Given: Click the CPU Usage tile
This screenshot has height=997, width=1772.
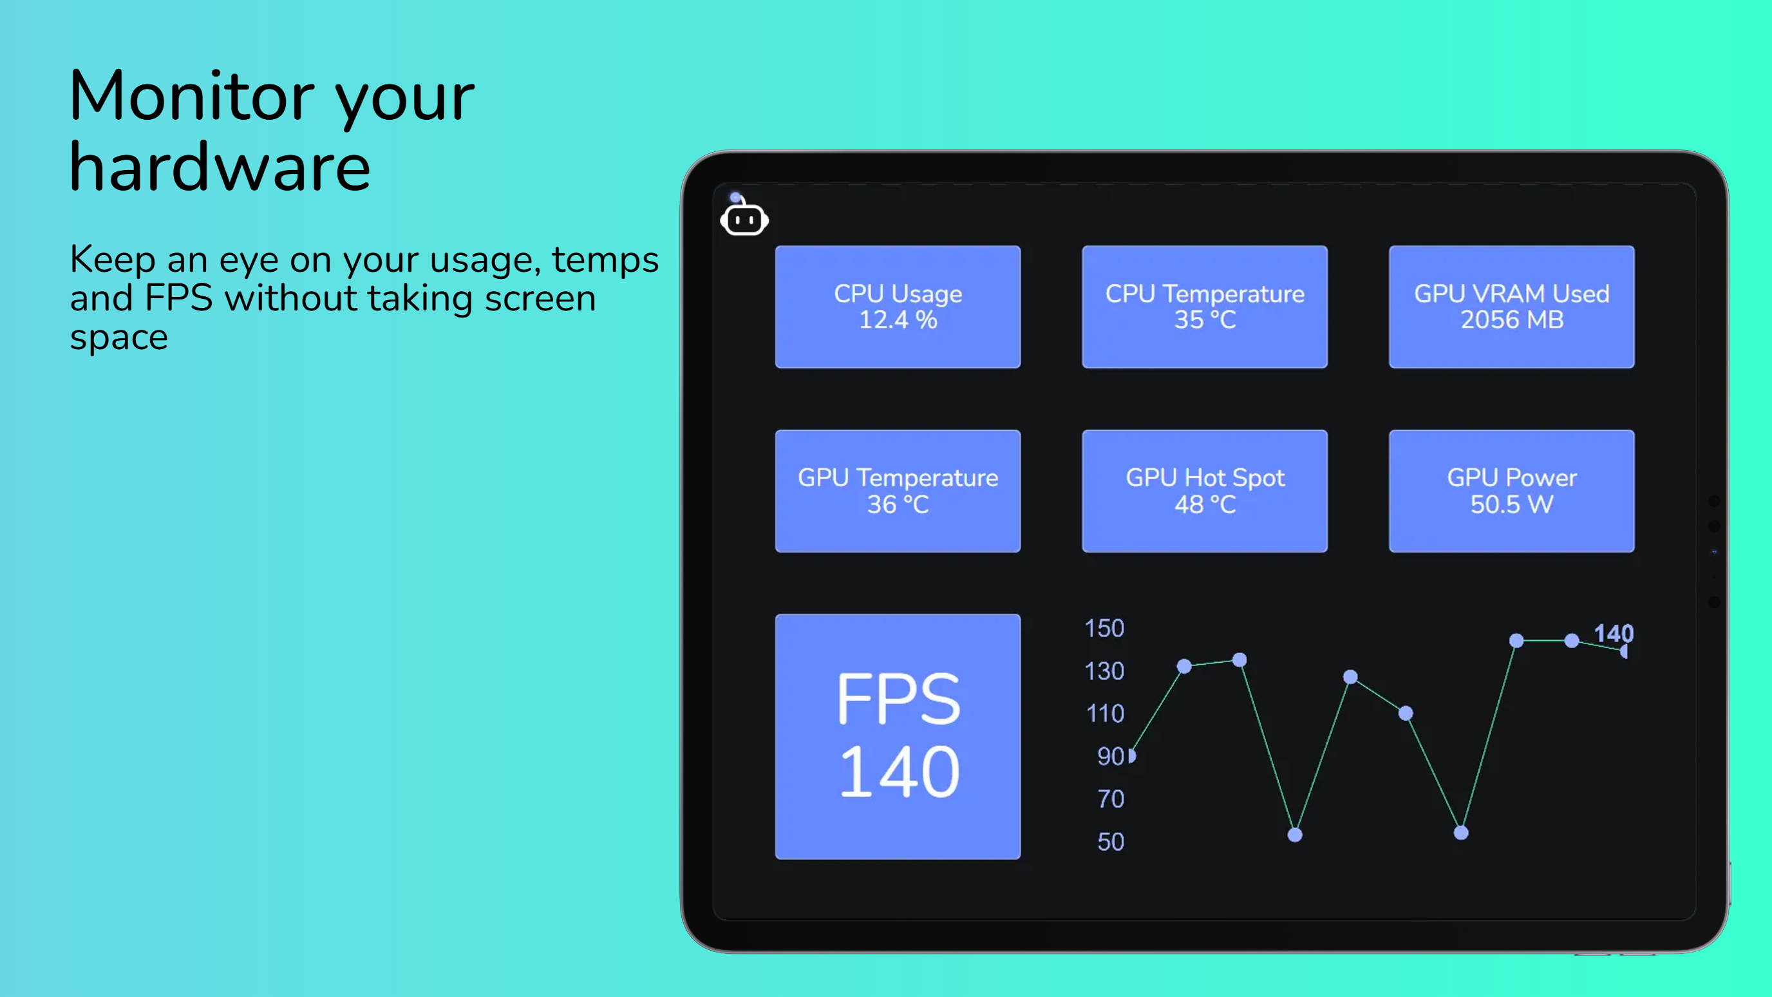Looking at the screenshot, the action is pyautogui.click(x=898, y=307).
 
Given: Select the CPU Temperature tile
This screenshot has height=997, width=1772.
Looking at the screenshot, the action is pyautogui.click(x=1205, y=307).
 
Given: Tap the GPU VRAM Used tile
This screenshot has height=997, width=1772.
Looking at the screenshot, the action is pyautogui.click(x=1511, y=307).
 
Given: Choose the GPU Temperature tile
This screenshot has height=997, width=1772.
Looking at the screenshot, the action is pyautogui.click(x=898, y=491).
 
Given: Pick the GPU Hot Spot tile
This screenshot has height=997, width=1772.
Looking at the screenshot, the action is pyautogui.click(x=1205, y=491).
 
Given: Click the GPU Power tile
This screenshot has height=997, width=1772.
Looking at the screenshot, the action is pyautogui.click(x=1511, y=491).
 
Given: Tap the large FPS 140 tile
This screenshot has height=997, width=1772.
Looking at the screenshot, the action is pyautogui.click(x=898, y=736).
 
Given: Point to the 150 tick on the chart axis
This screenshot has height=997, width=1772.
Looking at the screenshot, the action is pyautogui.click(x=1104, y=628).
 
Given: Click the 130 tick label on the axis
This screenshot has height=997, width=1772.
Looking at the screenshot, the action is pyautogui.click(x=1104, y=671).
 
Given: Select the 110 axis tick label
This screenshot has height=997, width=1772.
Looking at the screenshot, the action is pyautogui.click(x=1105, y=714).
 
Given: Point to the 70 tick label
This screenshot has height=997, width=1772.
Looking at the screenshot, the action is pyautogui.click(x=1110, y=799).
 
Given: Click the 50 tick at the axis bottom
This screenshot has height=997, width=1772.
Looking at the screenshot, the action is pyautogui.click(x=1110, y=842).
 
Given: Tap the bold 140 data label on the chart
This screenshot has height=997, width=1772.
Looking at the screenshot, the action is pyautogui.click(x=1613, y=633).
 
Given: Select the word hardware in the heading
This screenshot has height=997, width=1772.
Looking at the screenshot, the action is pyautogui.click(x=220, y=167).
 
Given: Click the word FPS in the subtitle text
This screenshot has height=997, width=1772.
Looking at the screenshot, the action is pyautogui.click(x=178, y=298).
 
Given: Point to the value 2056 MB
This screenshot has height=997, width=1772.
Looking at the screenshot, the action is pyautogui.click(x=1512, y=320).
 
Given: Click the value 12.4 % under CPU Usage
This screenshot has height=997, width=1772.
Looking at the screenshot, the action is pyautogui.click(x=898, y=320).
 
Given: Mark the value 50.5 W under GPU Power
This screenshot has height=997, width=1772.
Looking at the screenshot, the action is pyautogui.click(x=1511, y=504).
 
